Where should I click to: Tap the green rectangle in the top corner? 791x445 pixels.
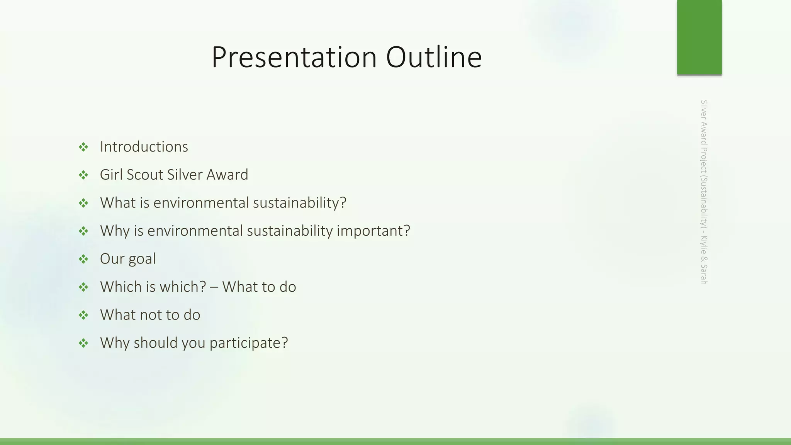click(x=699, y=37)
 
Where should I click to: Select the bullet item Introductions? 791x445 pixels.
click(x=144, y=147)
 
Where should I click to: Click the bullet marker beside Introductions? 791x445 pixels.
click(x=83, y=147)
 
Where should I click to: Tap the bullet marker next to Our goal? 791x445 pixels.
click(x=83, y=259)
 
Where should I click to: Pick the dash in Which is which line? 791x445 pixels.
click(x=214, y=287)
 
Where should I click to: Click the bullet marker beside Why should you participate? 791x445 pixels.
click(x=83, y=343)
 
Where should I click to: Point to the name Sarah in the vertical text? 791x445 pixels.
click(x=704, y=274)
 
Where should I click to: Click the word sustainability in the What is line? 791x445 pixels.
click(x=300, y=203)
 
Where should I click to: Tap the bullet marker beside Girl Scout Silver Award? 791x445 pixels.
click(x=83, y=175)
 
